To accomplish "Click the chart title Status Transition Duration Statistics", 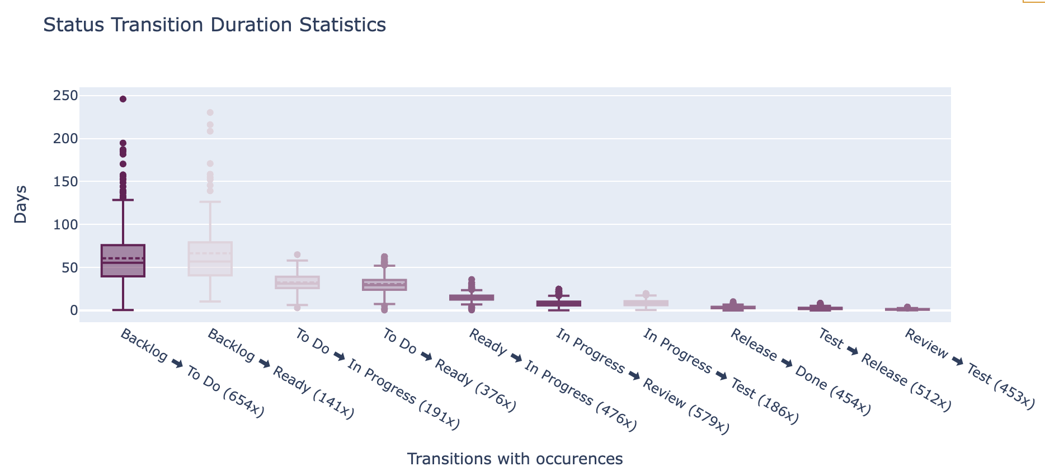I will pyautogui.click(x=214, y=25).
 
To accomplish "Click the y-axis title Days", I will pyautogui.click(x=21, y=204).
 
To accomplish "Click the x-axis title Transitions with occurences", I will pyautogui.click(x=515, y=459).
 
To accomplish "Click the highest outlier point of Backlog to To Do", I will pyautogui.click(x=123, y=99).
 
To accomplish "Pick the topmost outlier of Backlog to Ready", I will pyautogui.click(x=210, y=112).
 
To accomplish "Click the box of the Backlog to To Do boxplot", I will pyautogui.click(x=123, y=261).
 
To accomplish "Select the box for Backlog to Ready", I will pyautogui.click(x=210, y=258).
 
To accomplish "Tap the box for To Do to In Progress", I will pyautogui.click(x=297, y=282).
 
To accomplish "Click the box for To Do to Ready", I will pyautogui.click(x=384, y=285).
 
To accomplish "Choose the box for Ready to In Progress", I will pyautogui.click(x=472, y=298).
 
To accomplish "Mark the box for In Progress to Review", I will pyautogui.click(x=559, y=303).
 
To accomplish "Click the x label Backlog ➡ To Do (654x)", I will pyautogui.click(x=192, y=373).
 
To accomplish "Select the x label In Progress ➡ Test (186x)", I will pyautogui.click(x=721, y=376).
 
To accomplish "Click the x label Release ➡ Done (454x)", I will pyautogui.click(x=801, y=373).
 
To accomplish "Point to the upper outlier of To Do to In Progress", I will pyautogui.click(x=297, y=255).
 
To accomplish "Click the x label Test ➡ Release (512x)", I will pyautogui.click(x=884, y=370).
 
